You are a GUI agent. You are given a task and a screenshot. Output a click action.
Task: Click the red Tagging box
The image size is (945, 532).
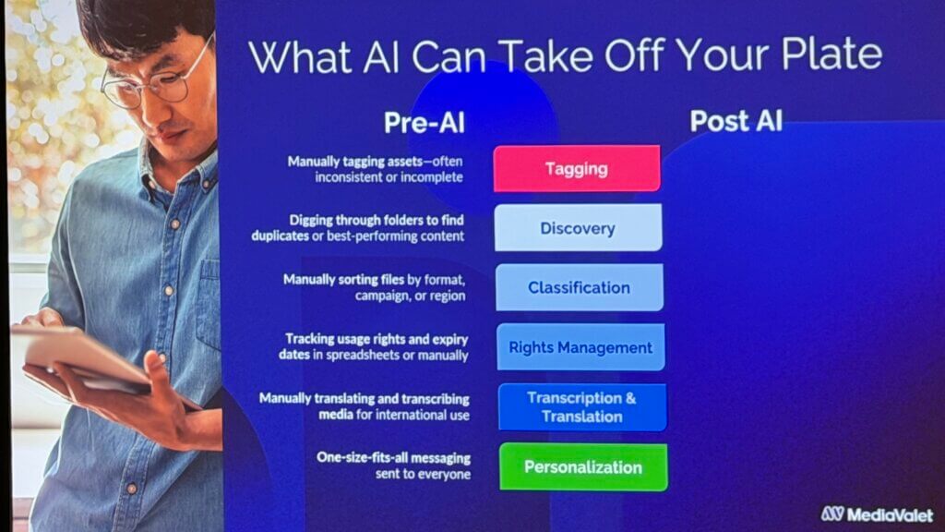(x=577, y=168)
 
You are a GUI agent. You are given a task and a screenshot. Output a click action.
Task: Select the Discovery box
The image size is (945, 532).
(x=578, y=228)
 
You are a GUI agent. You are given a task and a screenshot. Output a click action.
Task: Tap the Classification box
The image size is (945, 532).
(x=579, y=287)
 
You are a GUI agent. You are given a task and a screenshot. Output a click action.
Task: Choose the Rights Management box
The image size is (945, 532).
(x=580, y=347)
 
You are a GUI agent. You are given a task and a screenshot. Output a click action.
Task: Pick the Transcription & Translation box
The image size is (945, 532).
(x=581, y=407)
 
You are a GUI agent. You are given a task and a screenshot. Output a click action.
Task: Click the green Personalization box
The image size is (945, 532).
(x=582, y=466)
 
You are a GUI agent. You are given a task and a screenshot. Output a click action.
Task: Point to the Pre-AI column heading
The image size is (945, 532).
(x=425, y=123)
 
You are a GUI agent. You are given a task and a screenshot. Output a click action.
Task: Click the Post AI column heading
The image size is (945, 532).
(x=736, y=121)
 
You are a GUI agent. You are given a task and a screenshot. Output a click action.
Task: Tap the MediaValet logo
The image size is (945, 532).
(x=876, y=514)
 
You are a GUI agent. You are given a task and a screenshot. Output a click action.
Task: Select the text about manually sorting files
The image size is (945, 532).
(x=374, y=287)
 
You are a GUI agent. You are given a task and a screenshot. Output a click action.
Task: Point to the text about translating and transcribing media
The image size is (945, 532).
(x=365, y=406)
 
